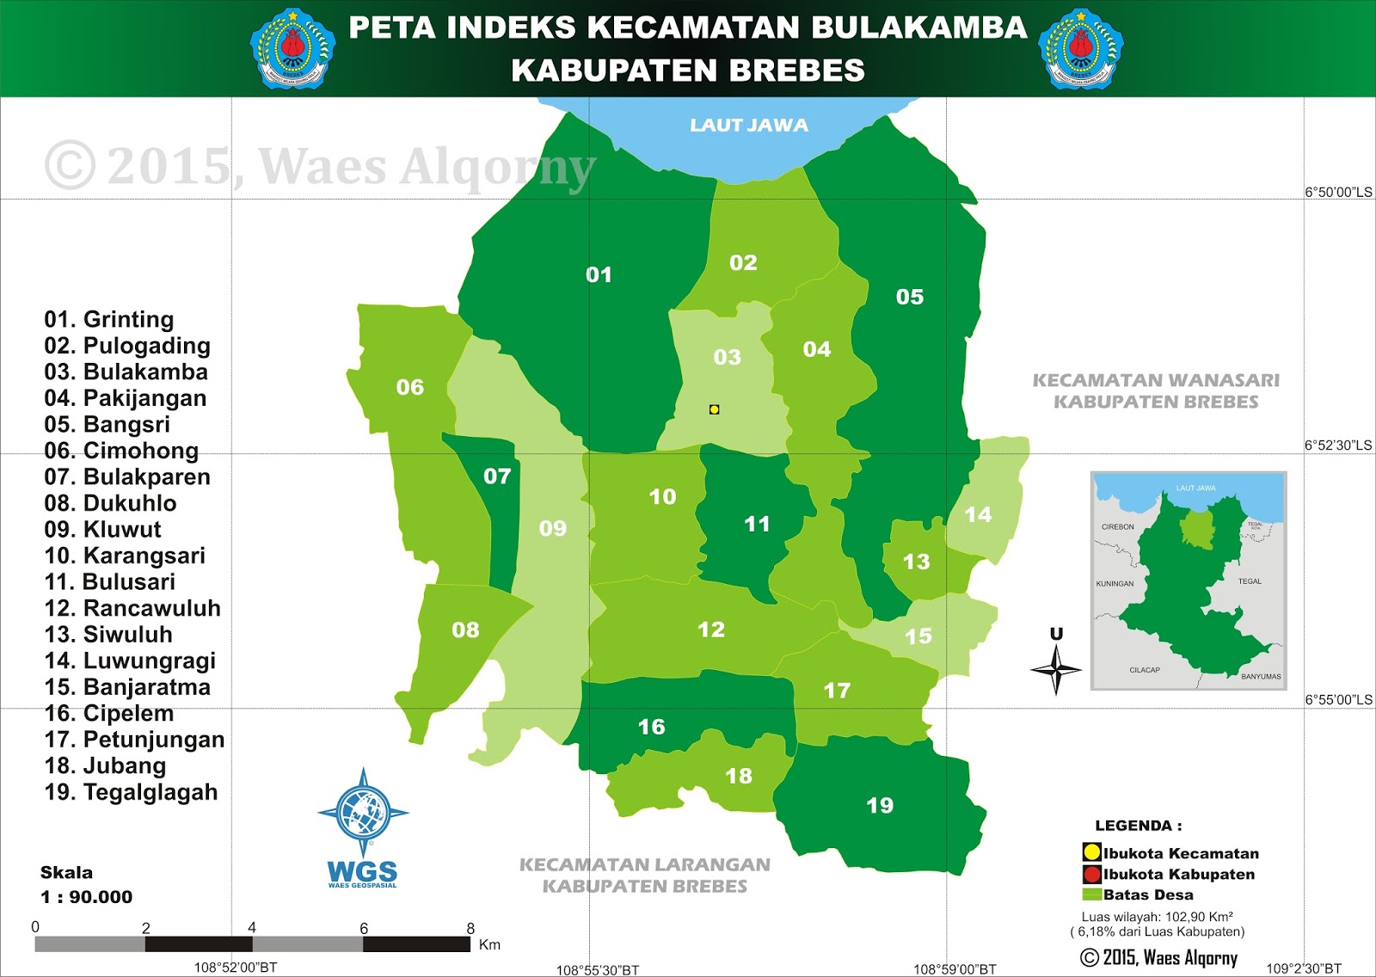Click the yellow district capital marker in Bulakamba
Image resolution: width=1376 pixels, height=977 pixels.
click(714, 409)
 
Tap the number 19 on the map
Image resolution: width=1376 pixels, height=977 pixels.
click(879, 806)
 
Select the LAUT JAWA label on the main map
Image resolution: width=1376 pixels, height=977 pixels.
click(748, 126)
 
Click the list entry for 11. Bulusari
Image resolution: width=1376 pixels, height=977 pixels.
click(110, 582)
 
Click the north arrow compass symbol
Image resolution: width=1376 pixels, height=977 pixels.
click(1056, 667)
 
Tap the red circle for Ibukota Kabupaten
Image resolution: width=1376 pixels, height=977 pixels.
click(1091, 875)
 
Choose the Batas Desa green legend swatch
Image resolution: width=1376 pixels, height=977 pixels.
click(1091, 894)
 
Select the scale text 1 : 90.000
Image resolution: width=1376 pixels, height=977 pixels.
click(87, 897)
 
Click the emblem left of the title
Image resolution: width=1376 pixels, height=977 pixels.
click(292, 49)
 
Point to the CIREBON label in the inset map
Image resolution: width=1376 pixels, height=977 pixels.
click(1117, 526)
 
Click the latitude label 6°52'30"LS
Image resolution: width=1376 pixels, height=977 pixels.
click(1338, 445)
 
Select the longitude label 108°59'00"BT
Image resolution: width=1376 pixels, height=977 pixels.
click(955, 969)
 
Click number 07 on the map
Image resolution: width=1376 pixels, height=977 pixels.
click(497, 476)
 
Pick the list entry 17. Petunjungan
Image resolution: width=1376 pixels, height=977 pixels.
click(134, 740)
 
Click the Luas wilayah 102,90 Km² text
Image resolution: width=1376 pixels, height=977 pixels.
click(1157, 917)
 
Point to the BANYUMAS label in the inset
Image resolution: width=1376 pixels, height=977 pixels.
click(1261, 677)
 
